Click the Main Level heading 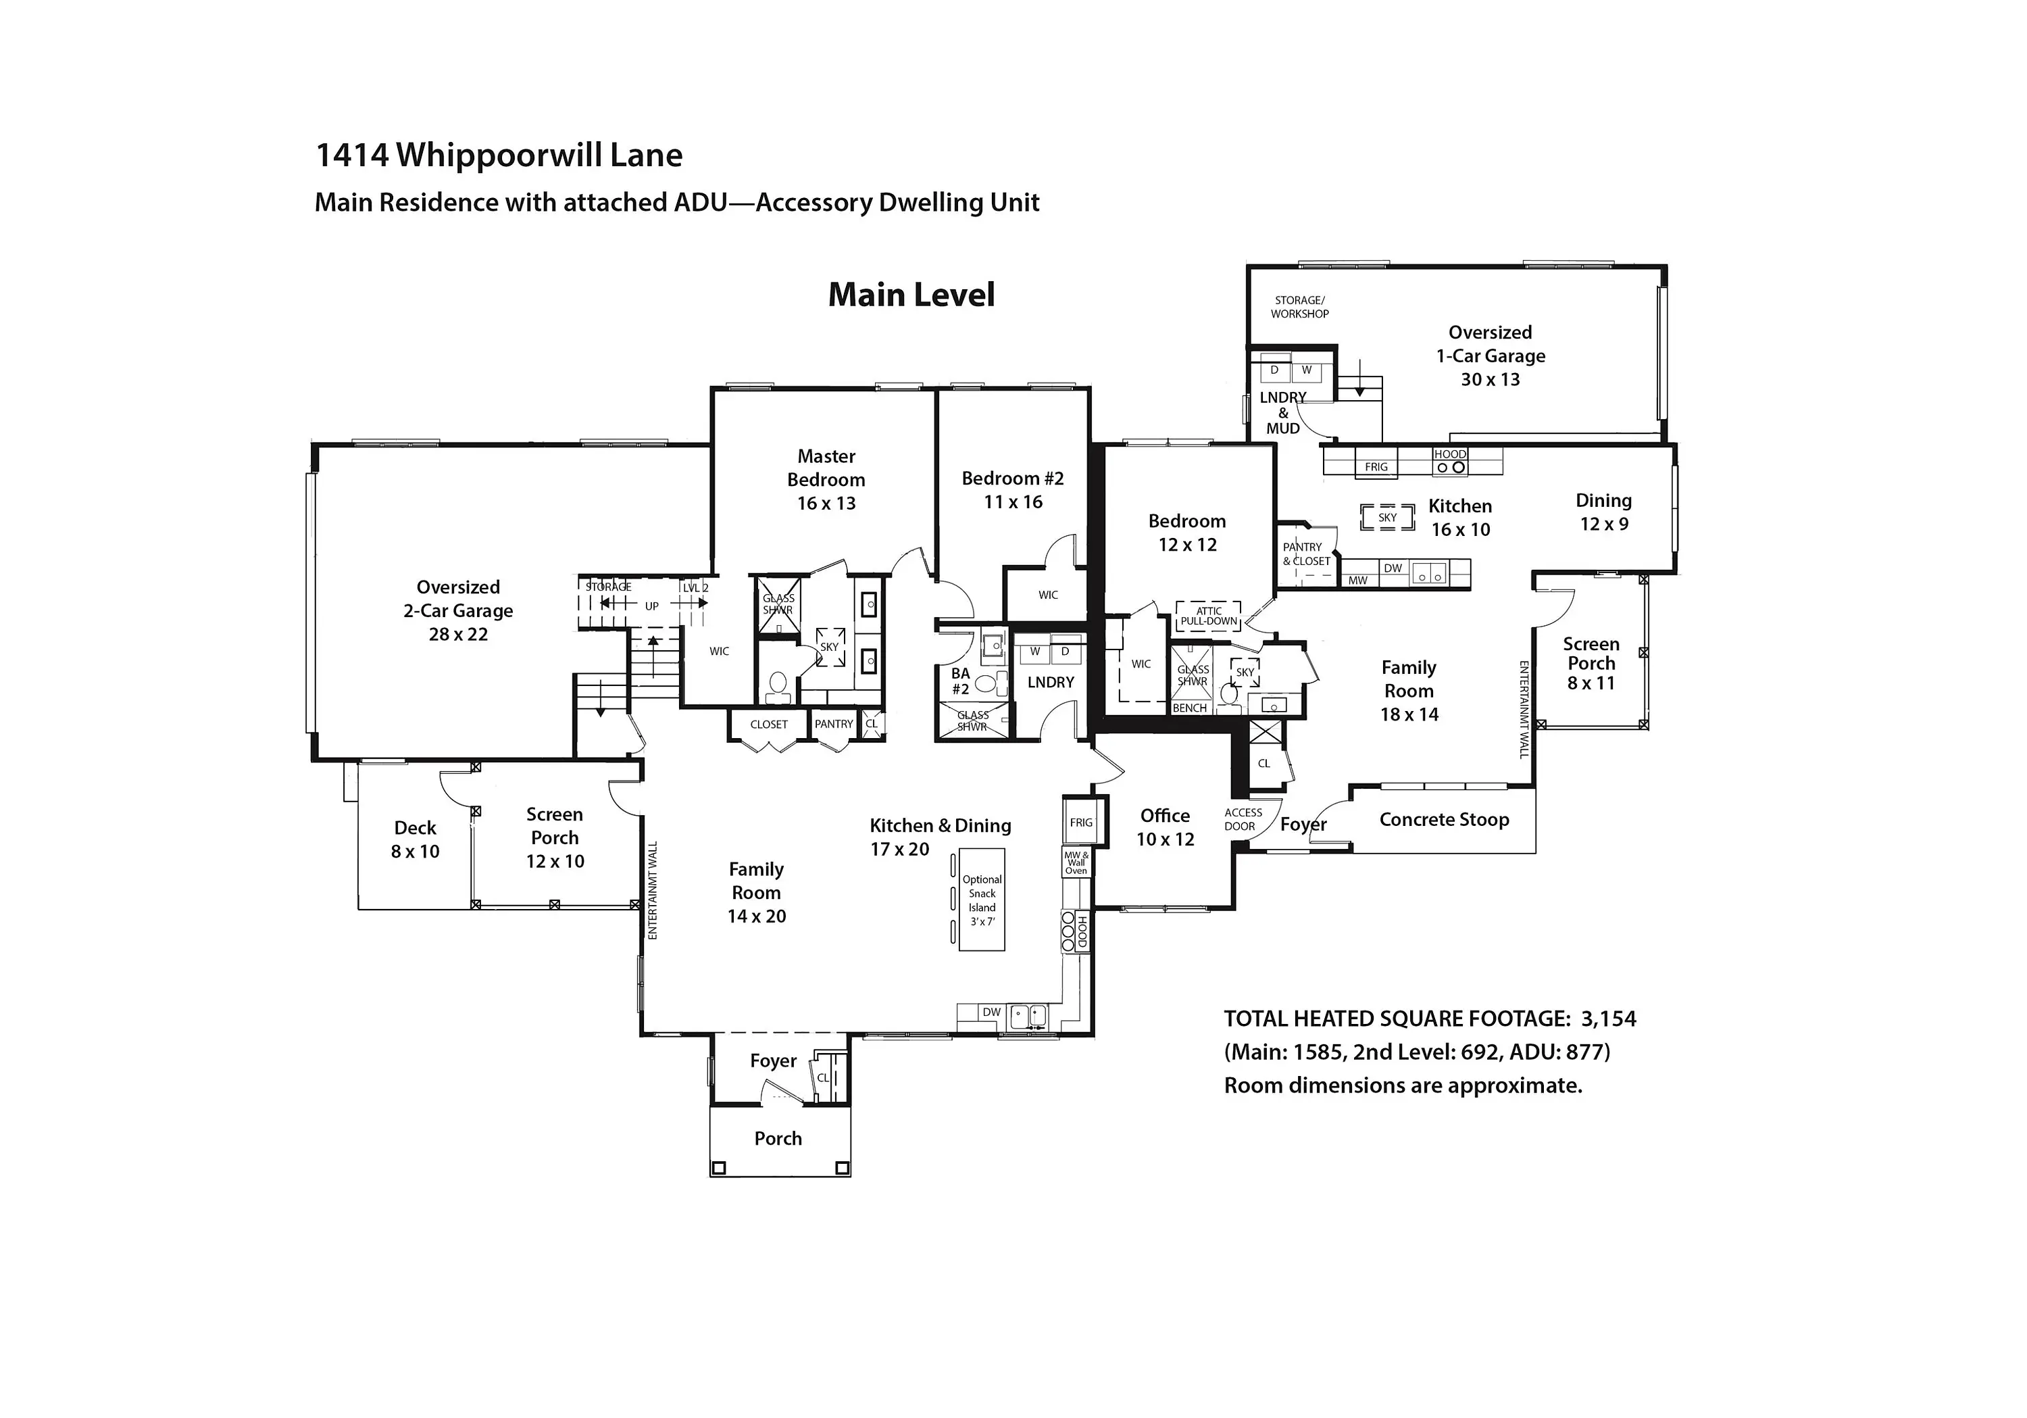click(911, 295)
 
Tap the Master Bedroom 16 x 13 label click(826, 479)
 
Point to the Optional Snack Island click(982, 900)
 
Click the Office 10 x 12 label click(1166, 827)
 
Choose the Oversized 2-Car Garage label click(458, 610)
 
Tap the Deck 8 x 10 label click(415, 839)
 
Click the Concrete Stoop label click(1445, 819)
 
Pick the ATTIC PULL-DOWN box click(1209, 616)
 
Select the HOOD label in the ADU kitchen click(1449, 454)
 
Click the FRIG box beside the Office click(1080, 821)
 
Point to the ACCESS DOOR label click(1242, 819)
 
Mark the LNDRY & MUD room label click(1283, 412)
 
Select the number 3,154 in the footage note click(1609, 1019)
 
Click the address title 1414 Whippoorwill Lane click(499, 155)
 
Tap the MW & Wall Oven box click(1076, 862)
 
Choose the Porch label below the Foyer click(778, 1139)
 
